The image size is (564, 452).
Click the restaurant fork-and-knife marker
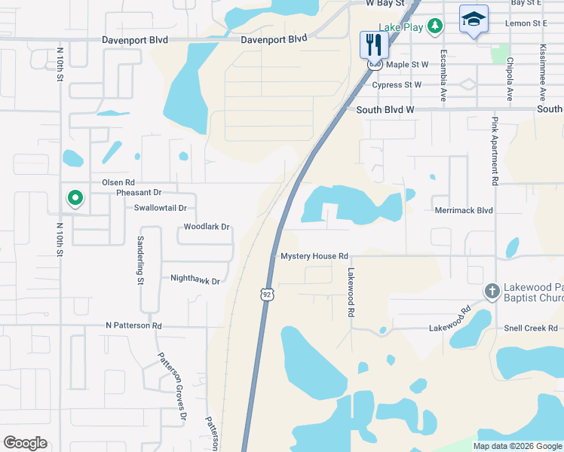point(373,44)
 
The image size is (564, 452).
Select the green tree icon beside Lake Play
point(434,26)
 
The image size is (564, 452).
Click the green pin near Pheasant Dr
point(75,198)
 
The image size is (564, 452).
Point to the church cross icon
point(492,291)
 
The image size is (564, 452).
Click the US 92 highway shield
point(267,293)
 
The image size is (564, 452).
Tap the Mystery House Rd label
point(314,257)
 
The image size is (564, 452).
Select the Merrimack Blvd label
point(464,210)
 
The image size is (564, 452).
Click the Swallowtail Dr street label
point(161,208)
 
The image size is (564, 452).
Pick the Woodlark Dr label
point(206,227)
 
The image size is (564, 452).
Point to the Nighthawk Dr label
point(195,281)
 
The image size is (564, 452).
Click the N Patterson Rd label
point(133,326)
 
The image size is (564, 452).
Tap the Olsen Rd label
point(118,182)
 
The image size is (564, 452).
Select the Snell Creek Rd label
point(532,328)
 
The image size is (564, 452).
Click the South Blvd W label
point(385,109)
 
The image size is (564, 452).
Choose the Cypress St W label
point(397,85)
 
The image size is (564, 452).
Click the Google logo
point(25,443)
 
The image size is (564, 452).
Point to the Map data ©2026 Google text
point(516,446)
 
